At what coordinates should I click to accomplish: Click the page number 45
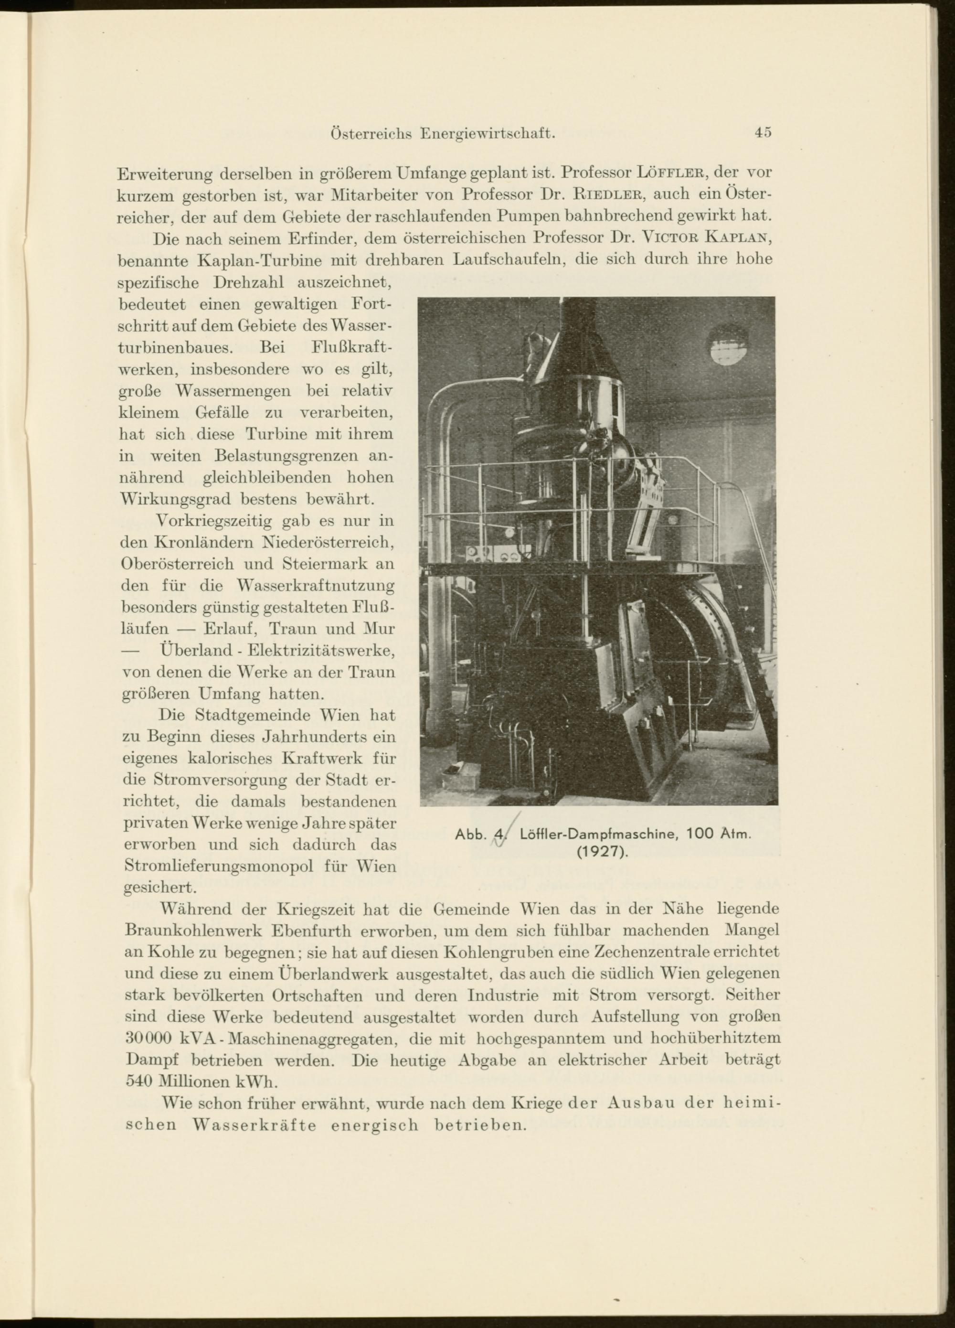tap(763, 133)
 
